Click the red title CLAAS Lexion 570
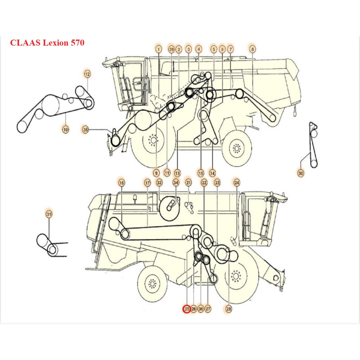coord(47,43)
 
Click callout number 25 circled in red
coord(186,309)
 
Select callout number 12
coord(87,73)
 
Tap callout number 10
coord(66,130)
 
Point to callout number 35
coord(86,130)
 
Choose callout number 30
coord(301,172)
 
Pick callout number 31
coord(49,215)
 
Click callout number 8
coord(252,49)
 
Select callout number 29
coord(171,49)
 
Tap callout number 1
coord(158,49)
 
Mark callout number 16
coord(121,183)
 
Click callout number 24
coord(237,183)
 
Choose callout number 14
coord(212,172)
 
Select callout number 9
coord(156,172)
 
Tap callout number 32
coord(159,183)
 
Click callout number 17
coord(147,183)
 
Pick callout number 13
coord(177,172)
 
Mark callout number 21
coord(189,183)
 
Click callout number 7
coord(230,49)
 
